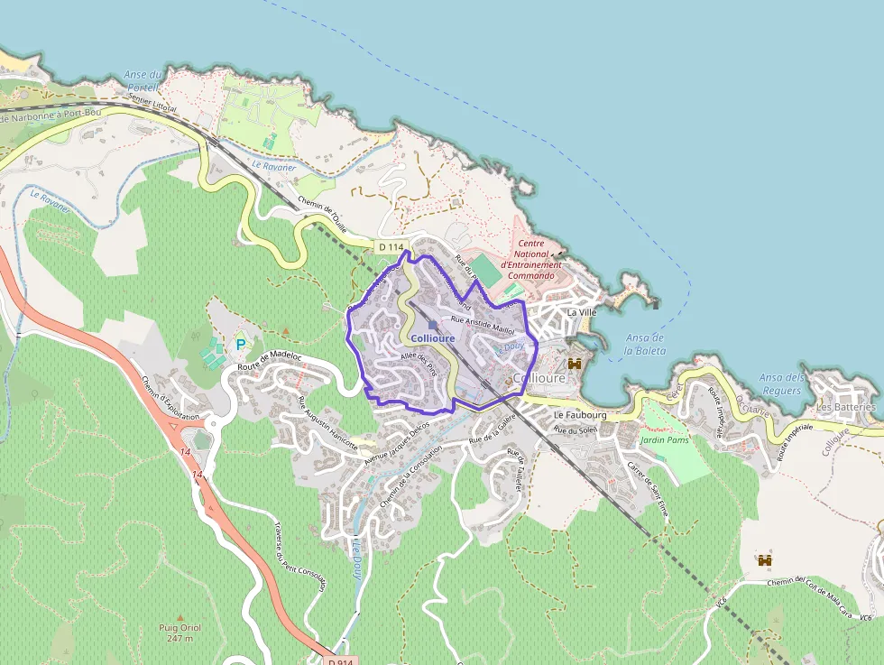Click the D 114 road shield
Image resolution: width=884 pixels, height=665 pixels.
[391, 246]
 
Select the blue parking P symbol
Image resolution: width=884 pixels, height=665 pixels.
[241, 344]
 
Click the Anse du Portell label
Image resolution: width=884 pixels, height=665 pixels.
[143, 80]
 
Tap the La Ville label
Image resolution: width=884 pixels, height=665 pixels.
[582, 312]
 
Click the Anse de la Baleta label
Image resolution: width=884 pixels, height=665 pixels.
[644, 344]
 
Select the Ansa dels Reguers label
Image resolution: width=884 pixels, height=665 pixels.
[780, 384]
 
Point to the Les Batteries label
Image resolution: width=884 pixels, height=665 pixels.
[845, 407]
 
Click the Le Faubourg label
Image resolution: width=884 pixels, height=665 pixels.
[580, 415]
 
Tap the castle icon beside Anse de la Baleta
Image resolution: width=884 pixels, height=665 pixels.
[573, 364]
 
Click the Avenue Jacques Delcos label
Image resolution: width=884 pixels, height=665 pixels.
[397, 445]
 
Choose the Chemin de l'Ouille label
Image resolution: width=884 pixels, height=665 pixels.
[321, 215]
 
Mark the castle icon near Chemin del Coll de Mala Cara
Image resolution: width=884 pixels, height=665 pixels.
[765, 560]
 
